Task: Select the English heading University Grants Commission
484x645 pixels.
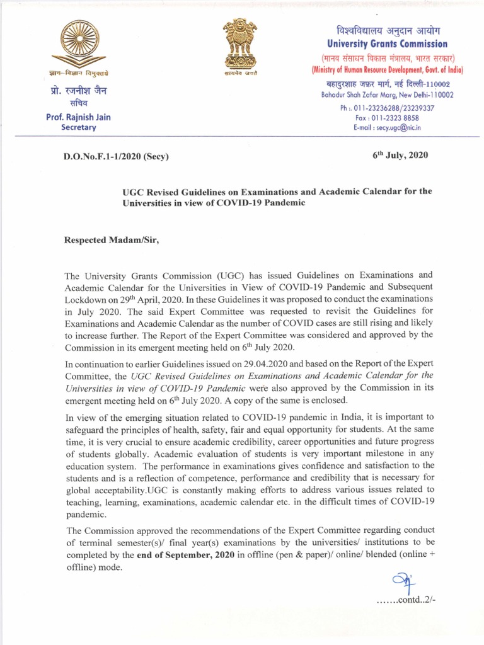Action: [387, 44]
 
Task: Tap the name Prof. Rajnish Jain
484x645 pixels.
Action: [79, 117]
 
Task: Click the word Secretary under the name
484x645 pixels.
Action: [79, 127]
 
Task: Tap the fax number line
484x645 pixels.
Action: [387, 117]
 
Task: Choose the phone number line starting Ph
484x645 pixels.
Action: [387, 108]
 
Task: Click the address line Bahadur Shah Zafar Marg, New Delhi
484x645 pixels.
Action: [387, 94]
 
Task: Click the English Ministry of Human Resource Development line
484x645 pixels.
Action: [387, 69]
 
